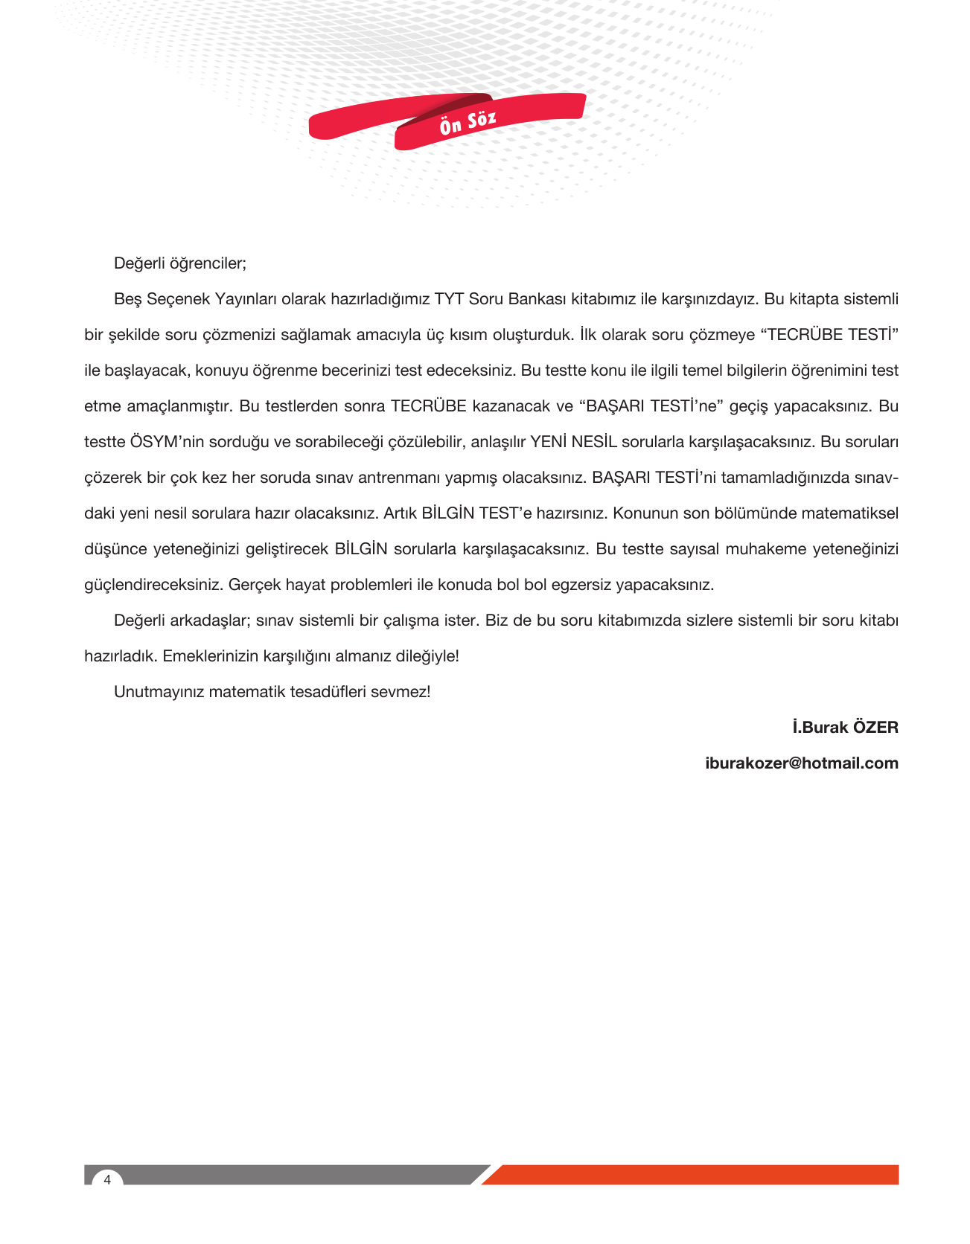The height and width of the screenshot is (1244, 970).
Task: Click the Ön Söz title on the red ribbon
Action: (x=468, y=122)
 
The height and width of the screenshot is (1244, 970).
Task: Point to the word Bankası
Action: (x=537, y=299)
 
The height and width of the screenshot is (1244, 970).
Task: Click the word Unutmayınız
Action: (x=159, y=692)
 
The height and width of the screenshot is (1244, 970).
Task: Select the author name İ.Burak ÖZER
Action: (x=845, y=728)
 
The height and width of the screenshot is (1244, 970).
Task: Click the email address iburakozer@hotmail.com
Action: (x=802, y=763)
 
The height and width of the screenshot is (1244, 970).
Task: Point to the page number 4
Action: (x=107, y=1180)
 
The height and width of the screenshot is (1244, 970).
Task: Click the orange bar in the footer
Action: (x=692, y=1175)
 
